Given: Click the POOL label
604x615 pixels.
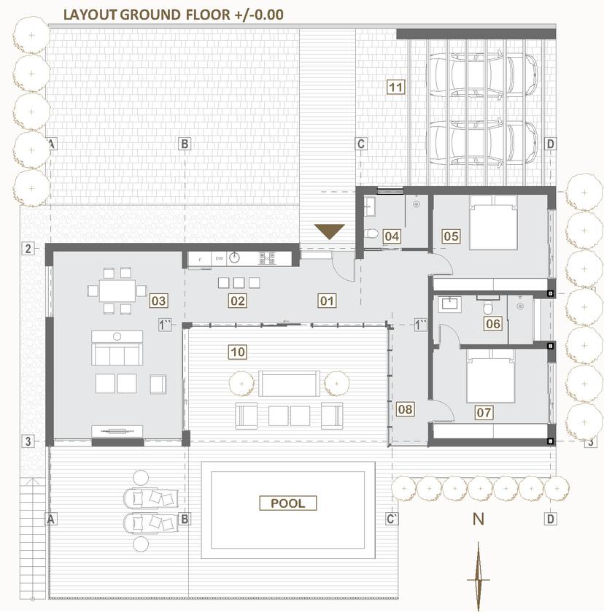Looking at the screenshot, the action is (x=288, y=503).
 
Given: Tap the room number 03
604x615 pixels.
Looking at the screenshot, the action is (x=158, y=301).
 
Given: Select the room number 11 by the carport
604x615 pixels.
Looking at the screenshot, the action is (x=396, y=87).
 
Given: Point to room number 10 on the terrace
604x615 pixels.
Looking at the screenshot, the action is (x=238, y=352).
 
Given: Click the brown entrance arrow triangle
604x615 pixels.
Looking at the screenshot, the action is (x=330, y=231).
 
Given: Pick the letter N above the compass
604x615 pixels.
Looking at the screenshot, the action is (x=478, y=519).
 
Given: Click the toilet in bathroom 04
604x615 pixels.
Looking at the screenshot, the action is (x=371, y=234).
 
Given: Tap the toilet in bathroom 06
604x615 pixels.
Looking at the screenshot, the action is (x=488, y=308).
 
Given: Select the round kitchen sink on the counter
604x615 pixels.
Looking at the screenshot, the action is (x=234, y=258).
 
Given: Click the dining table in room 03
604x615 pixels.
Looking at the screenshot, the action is (x=117, y=290).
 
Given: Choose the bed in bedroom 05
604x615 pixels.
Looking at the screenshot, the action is (x=493, y=223).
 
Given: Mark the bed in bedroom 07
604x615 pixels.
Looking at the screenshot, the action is (x=491, y=376).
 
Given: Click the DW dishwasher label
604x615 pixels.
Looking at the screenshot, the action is (x=220, y=258).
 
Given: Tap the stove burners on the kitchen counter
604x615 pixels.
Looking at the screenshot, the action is (x=267, y=258).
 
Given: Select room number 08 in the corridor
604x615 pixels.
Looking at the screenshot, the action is (x=405, y=409).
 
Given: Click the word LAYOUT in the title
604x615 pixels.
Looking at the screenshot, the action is (x=90, y=15).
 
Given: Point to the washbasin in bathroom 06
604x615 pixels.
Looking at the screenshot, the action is (x=450, y=303).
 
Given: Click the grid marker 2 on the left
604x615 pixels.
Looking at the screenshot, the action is (x=28, y=248).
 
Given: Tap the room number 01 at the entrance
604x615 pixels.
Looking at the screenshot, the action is (x=327, y=301).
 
